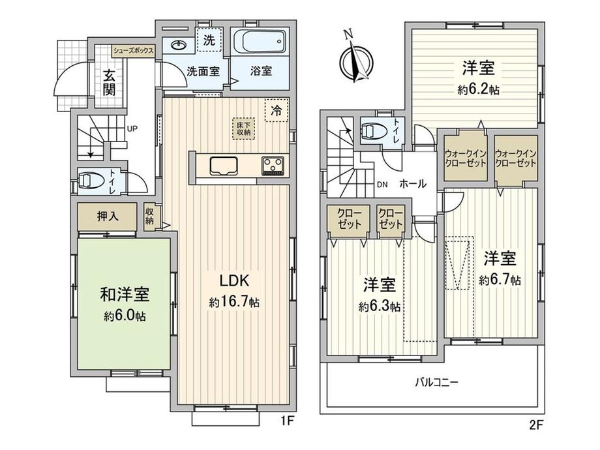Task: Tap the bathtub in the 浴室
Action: coord(260,42)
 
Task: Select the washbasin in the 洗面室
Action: coord(179,46)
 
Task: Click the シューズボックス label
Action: coord(134,51)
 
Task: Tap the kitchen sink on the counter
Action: coord(224,166)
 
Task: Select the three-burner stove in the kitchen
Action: coord(273,166)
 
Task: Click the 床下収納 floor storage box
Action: coord(243,128)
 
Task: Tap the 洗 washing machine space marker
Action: coord(209,39)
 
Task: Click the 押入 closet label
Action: coord(108,217)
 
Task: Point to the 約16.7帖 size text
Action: coord(233,303)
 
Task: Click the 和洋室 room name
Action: coord(125,294)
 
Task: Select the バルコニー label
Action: coord(437,382)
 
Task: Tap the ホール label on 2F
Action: coord(412,184)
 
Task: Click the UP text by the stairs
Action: coord(132,128)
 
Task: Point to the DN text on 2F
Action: coord(382,185)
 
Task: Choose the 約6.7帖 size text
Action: coord(500,280)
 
